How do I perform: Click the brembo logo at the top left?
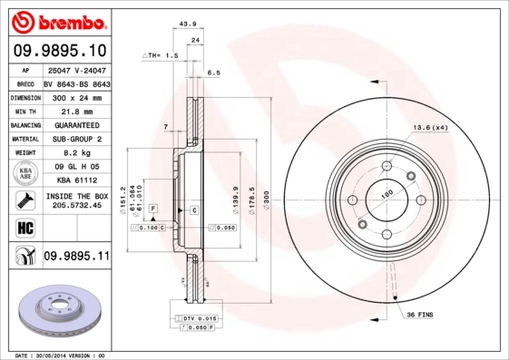tap(59, 21)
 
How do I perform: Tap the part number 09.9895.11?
tap(76, 258)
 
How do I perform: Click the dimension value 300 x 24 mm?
tap(76, 95)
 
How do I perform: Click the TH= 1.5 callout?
tap(159, 55)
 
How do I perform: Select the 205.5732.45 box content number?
tap(76, 206)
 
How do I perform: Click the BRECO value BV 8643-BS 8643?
tap(76, 82)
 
